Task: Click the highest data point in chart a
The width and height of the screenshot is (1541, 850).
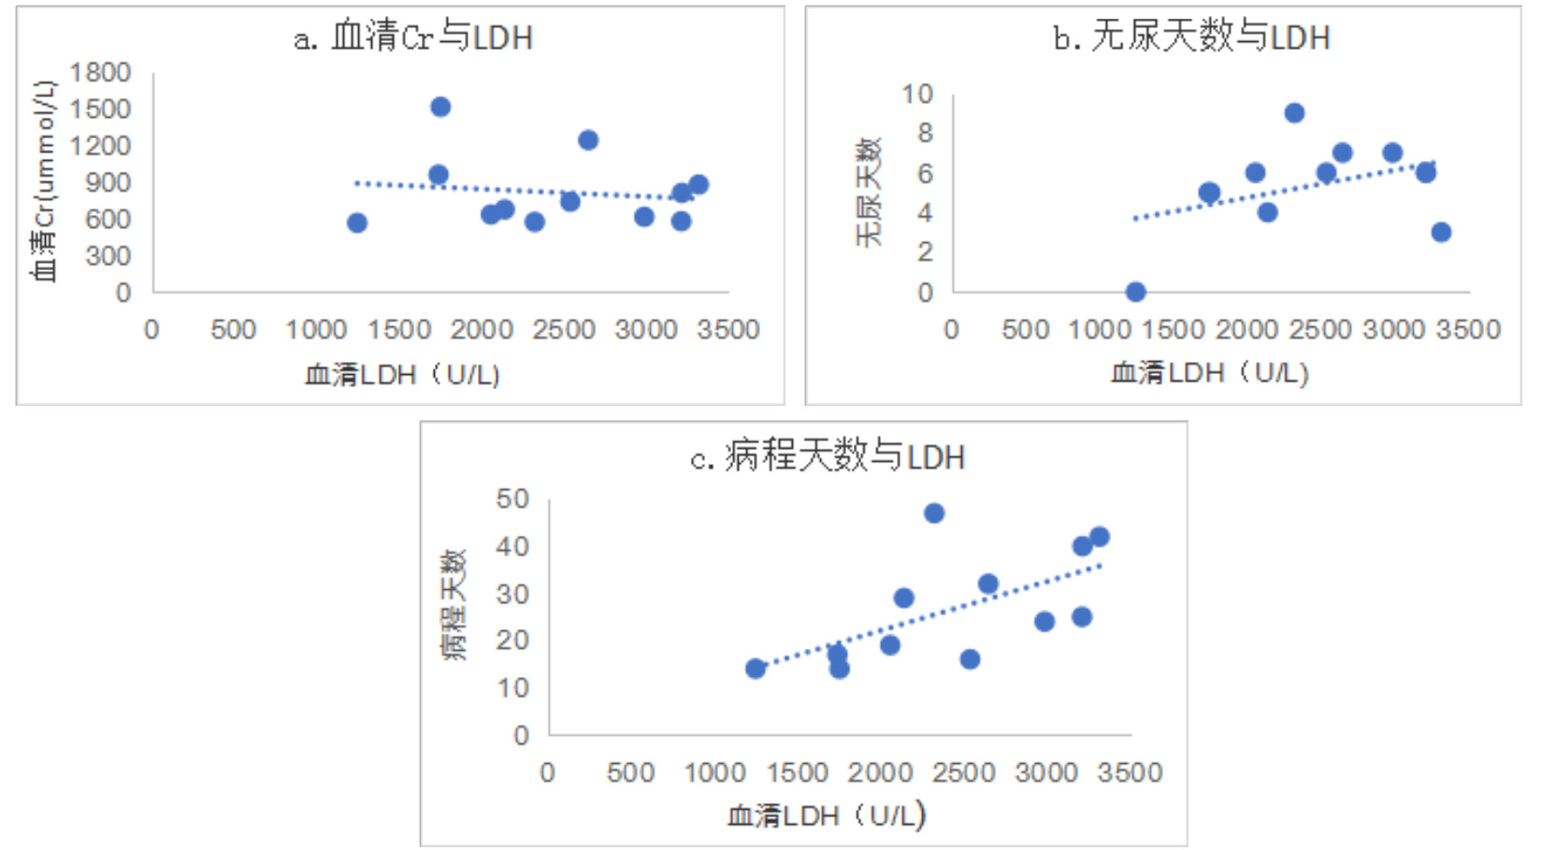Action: [440, 107]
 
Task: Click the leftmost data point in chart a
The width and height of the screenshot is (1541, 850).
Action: [356, 223]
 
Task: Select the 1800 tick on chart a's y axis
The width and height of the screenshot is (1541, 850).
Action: [100, 72]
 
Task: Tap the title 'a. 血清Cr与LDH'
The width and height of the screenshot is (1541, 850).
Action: [413, 37]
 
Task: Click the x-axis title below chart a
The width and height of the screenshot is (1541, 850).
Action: [403, 375]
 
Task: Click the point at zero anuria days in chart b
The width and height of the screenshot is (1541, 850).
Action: [1135, 292]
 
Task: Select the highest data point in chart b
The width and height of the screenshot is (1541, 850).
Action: [1294, 113]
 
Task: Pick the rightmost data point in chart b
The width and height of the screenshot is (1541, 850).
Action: [1441, 232]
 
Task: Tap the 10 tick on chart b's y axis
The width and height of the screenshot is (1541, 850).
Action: [917, 94]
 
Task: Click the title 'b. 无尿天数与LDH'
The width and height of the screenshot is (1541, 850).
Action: [1191, 37]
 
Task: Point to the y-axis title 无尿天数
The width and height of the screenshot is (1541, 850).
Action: [869, 193]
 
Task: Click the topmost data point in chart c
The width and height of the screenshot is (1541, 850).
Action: [934, 513]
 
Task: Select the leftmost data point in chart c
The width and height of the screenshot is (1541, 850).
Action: [756, 668]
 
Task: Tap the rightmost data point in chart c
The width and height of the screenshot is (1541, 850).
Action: [1100, 537]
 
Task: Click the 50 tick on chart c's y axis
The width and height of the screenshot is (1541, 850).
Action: [512, 499]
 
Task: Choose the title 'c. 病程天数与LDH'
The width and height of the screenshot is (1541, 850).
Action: [827, 458]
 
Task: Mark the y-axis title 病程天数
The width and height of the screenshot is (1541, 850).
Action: [454, 605]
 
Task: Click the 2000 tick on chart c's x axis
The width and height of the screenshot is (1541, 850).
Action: [880, 772]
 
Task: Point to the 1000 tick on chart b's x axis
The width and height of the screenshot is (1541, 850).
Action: [1100, 329]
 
